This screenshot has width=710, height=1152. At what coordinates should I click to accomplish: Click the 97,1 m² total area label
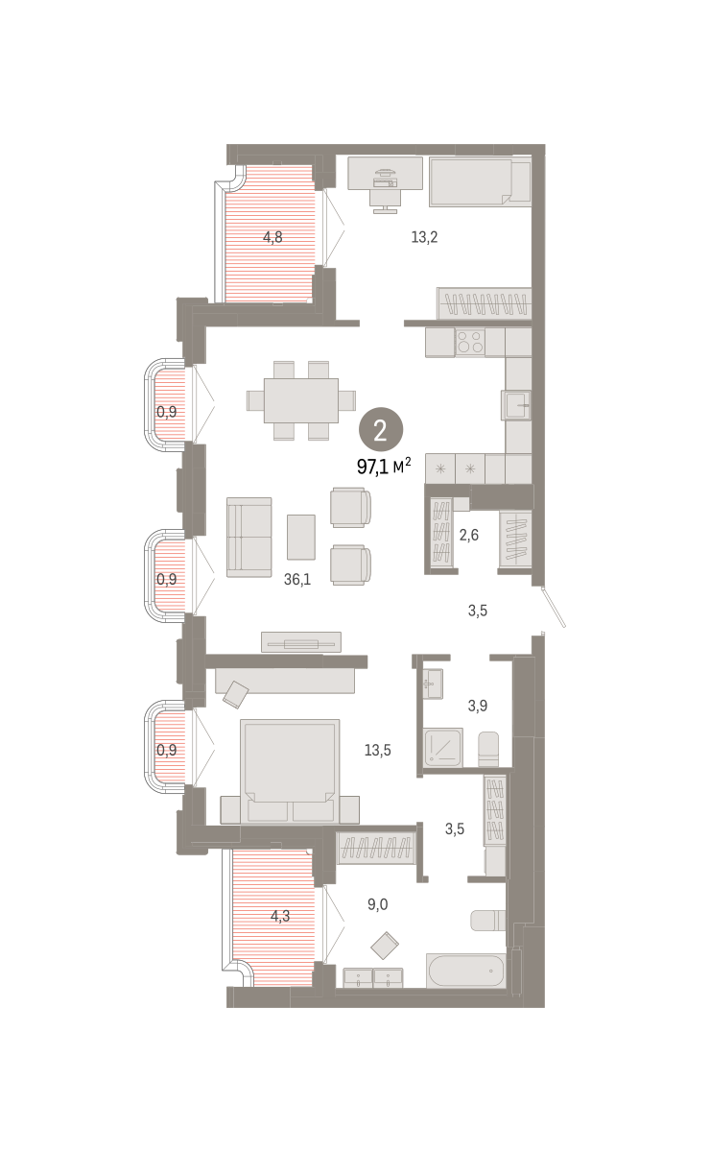point(384,466)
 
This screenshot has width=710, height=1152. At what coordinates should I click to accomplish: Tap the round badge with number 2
point(381,429)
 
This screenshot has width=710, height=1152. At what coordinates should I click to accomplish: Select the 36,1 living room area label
point(297,579)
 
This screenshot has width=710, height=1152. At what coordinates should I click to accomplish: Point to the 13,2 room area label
point(424,237)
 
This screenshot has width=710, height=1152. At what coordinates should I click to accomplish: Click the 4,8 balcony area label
point(272,237)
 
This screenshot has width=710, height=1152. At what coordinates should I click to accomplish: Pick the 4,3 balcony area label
point(280,916)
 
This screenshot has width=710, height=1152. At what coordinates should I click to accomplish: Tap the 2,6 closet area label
point(469,535)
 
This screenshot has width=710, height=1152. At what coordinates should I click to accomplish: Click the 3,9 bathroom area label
point(478,706)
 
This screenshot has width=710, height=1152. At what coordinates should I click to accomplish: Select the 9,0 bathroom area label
point(378,904)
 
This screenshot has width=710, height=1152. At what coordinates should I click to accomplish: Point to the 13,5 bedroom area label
point(378,751)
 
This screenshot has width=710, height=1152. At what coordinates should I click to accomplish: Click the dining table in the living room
point(301,400)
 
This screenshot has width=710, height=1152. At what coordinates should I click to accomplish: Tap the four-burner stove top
point(470,343)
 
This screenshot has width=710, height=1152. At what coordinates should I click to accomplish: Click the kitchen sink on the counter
point(516,405)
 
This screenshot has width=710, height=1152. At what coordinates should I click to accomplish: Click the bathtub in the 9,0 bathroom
point(466,971)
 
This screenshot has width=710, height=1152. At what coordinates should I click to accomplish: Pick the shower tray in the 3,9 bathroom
point(443,747)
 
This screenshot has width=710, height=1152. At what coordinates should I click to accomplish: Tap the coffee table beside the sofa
point(301,537)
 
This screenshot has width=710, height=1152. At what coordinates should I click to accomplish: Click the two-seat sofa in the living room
point(249,537)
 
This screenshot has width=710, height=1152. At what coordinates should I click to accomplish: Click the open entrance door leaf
point(555,607)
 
